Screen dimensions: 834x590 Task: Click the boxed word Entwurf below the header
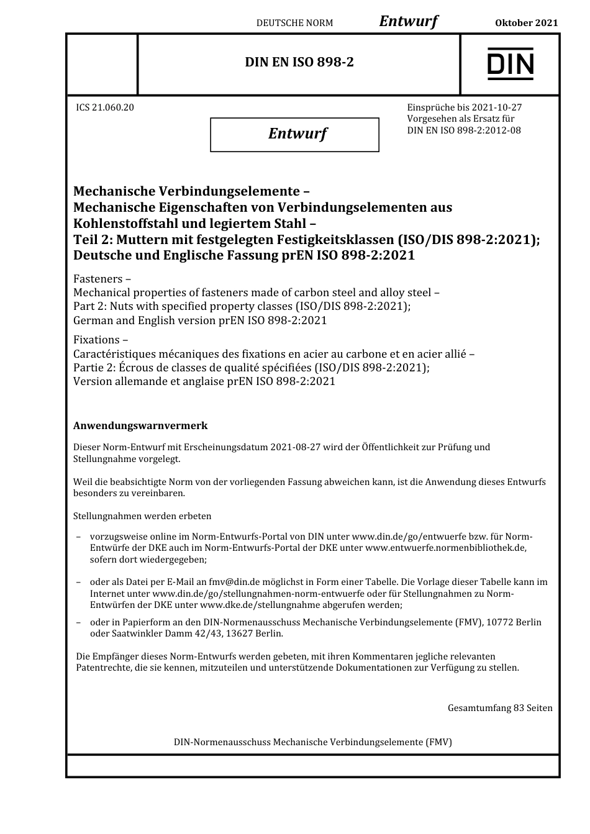click(297, 134)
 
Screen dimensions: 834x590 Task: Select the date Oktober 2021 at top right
click(526, 23)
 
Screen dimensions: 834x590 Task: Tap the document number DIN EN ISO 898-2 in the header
click(299, 62)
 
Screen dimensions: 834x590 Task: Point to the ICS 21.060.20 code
click(105, 107)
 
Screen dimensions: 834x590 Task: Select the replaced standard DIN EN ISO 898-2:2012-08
click(464, 130)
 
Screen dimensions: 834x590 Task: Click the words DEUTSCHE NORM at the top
click(294, 23)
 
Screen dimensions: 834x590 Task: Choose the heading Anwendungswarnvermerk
click(140, 426)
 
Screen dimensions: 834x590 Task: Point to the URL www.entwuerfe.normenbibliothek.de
click(445, 548)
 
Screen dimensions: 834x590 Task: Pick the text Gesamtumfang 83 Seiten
click(499, 708)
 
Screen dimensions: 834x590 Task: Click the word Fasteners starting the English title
click(98, 279)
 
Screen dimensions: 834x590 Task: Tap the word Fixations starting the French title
click(96, 340)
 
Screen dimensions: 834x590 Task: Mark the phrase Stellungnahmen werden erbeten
click(142, 516)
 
